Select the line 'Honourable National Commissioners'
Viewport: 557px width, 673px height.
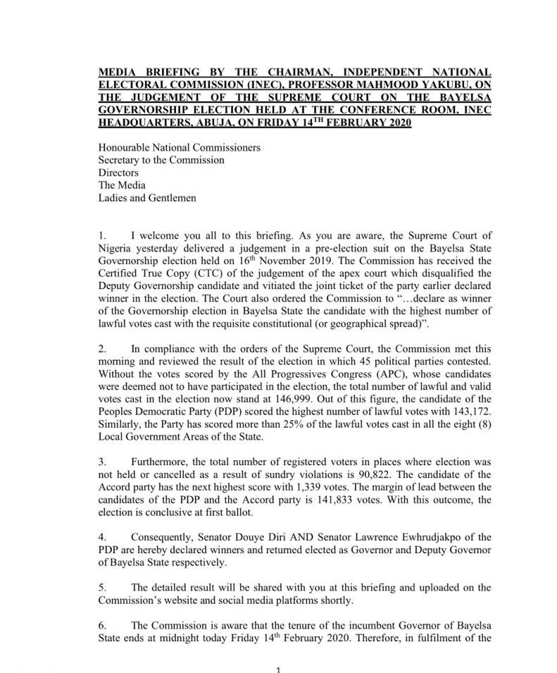pos(179,148)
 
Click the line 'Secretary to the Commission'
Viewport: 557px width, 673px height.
pos(161,160)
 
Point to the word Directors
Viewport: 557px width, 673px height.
pos(118,173)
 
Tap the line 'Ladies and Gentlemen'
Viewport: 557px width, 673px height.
pos(147,198)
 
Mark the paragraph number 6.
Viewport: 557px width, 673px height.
pos(102,626)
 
